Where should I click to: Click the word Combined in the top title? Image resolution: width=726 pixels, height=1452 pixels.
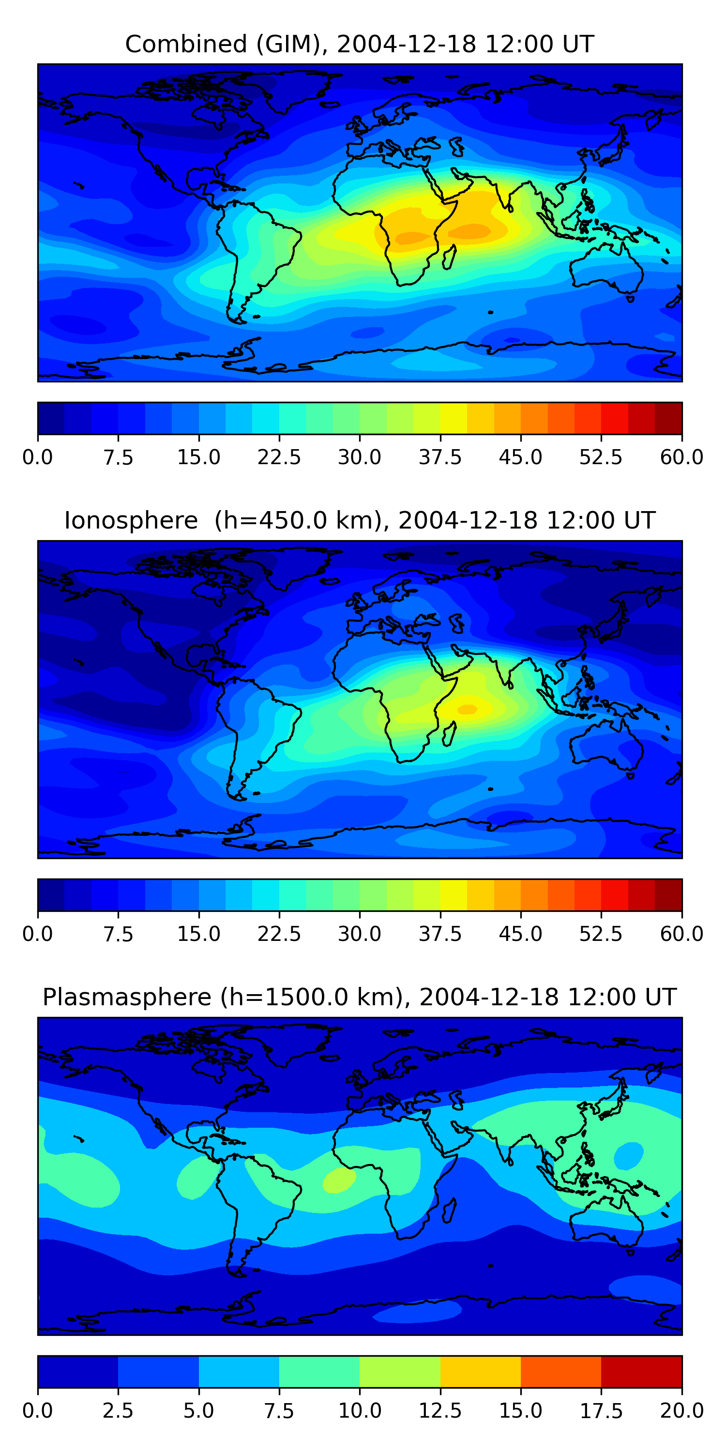point(186,44)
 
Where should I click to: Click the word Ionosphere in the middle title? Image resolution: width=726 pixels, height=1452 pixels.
point(131,520)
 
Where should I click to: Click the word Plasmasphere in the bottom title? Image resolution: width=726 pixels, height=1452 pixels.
point(127,997)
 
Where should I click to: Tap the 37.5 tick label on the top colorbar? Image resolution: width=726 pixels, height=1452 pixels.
point(439,457)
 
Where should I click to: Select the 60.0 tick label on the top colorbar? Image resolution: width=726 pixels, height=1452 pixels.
point(681,457)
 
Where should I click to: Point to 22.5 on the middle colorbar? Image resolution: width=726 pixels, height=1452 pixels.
point(279,934)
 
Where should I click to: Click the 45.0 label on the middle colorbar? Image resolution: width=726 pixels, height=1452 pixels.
point(520,934)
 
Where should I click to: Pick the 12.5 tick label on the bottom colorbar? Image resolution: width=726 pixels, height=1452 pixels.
point(439,1411)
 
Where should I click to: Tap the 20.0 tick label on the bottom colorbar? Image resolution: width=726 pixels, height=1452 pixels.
point(681,1411)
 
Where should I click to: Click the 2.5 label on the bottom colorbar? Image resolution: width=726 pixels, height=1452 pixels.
point(118,1411)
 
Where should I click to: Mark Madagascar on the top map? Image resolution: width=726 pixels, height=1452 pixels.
point(449,257)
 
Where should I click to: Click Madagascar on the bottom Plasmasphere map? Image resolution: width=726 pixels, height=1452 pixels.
point(449,1211)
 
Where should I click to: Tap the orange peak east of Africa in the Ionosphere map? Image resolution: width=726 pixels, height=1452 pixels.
point(467,709)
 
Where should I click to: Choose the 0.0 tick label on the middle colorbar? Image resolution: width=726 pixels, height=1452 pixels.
point(37,934)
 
